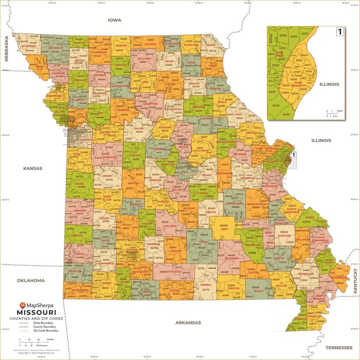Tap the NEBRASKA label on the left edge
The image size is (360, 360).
7,49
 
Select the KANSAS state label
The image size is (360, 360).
32,168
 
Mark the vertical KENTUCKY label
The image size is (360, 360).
355,283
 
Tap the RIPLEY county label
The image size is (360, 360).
259,291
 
